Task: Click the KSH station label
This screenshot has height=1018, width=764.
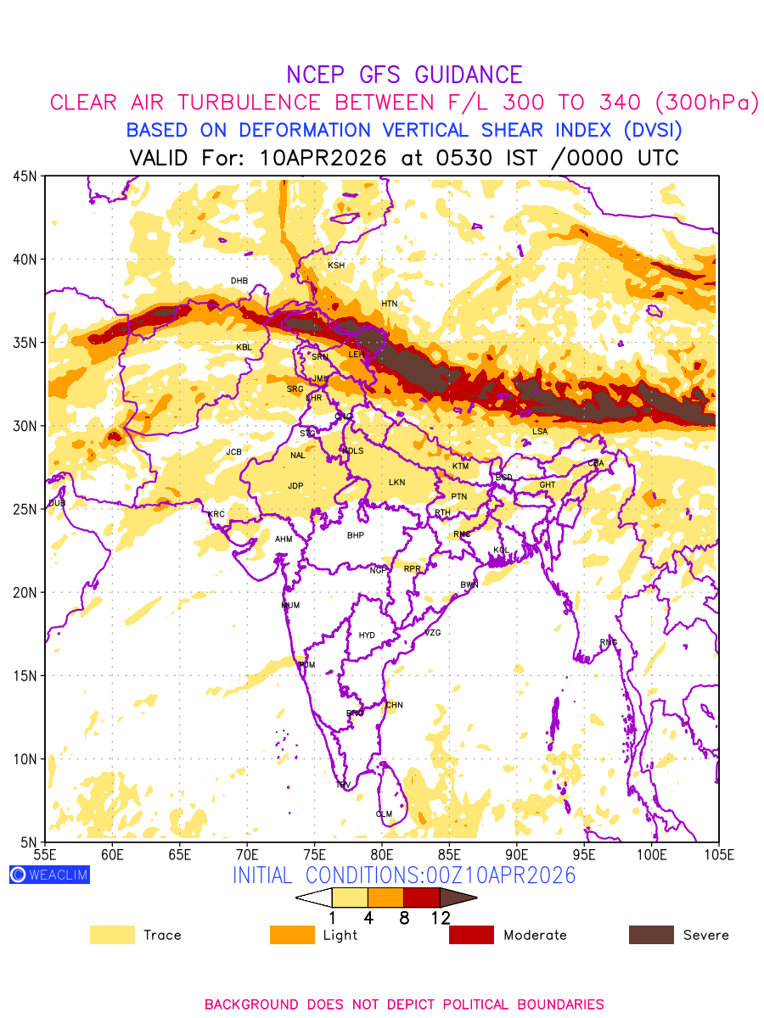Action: (336, 266)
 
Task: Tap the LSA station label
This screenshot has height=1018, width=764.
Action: (540, 432)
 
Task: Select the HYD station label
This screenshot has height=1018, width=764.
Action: (367, 635)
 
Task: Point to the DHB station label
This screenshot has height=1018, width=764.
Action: (239, 281)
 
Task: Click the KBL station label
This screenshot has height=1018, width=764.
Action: (244, 347)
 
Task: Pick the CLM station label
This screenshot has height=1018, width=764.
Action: (384, 814)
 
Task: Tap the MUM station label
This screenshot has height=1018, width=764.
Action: (290, 606)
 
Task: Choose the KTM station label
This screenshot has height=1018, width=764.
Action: (460, 467)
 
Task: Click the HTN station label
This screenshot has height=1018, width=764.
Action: (389, 304)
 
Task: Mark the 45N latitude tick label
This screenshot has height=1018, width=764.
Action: (24, 176)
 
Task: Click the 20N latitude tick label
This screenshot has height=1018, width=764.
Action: (24, 592)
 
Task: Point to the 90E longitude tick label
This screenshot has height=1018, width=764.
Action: (517, 854)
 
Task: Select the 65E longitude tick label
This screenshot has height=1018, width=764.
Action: (179, 854)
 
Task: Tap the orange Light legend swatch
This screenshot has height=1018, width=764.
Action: (291, 935)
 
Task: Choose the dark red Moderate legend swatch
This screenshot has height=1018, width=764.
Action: (471, 935)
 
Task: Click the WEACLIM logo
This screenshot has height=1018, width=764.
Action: (49, 875)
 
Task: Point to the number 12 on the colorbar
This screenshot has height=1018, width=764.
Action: (440, 917)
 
